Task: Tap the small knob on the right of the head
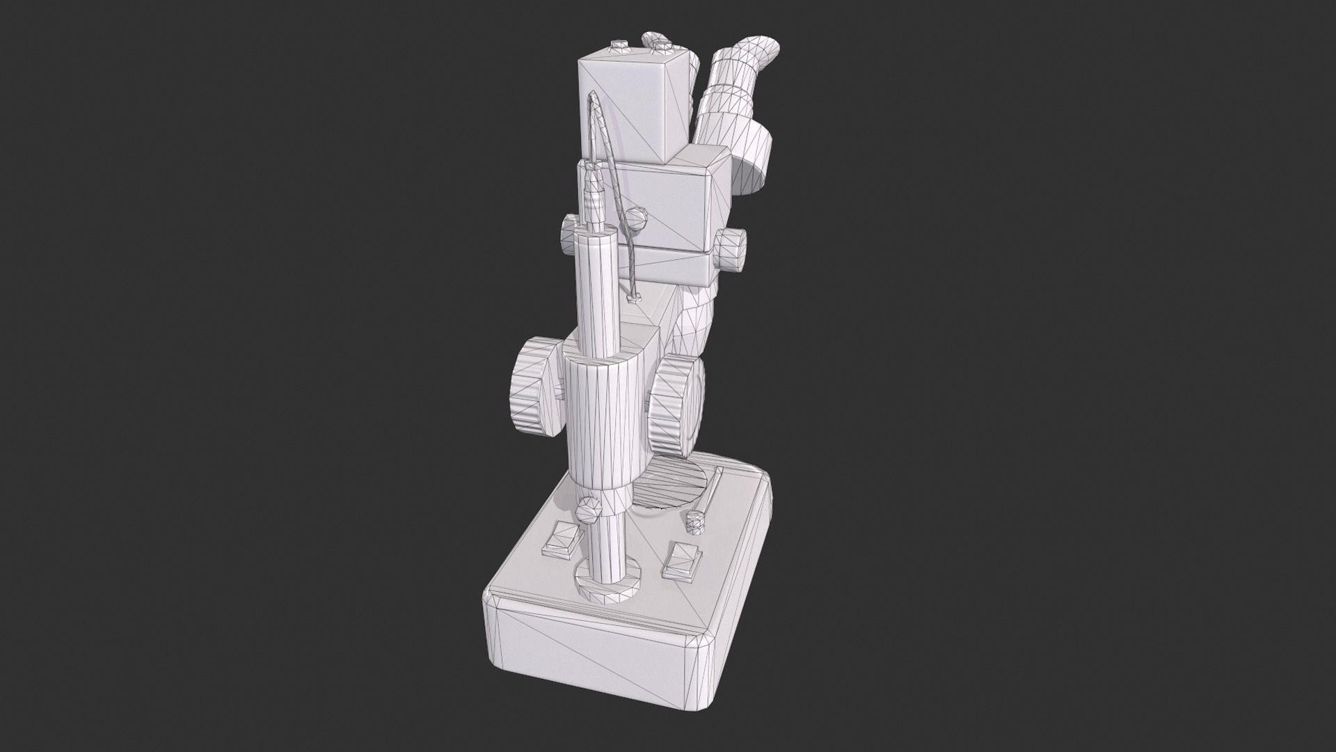tap(731, 249)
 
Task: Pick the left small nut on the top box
tap(618, 47)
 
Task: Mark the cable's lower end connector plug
tap(633, 298)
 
